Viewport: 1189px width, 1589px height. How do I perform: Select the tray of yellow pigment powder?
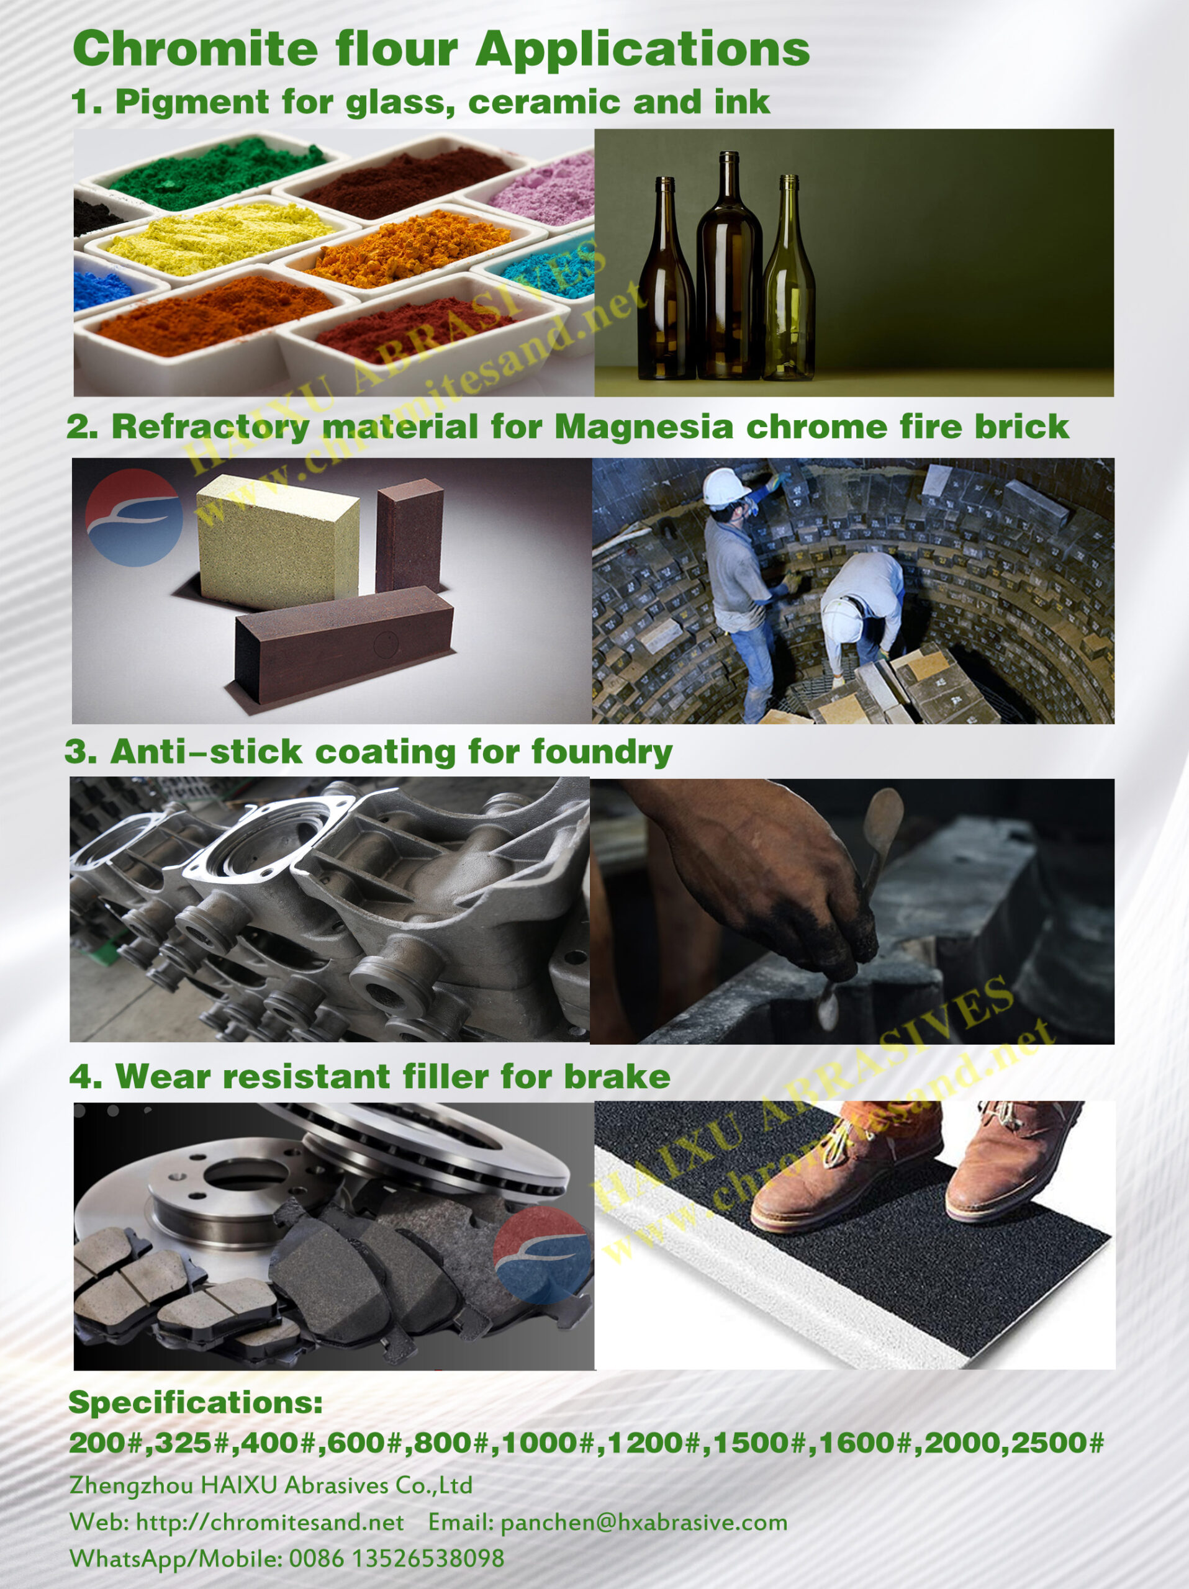point(215,237)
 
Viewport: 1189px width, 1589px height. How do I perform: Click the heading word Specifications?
point(196,1402)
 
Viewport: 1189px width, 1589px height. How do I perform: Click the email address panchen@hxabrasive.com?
point(644,1522)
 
